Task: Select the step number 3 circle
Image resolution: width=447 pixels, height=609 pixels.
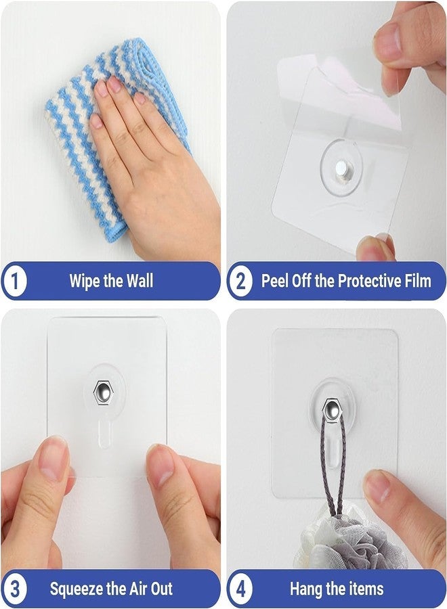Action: (14, 588)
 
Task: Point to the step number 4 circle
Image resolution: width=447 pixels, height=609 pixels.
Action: (240, 588)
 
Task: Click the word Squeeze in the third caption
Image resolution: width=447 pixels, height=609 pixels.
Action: (77, 588)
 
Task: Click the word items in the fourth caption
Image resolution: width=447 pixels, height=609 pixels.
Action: (364, 588)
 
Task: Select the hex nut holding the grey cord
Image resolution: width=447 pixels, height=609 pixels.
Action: (331, 409)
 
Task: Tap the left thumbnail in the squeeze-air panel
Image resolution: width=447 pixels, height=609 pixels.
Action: (54, 460)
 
